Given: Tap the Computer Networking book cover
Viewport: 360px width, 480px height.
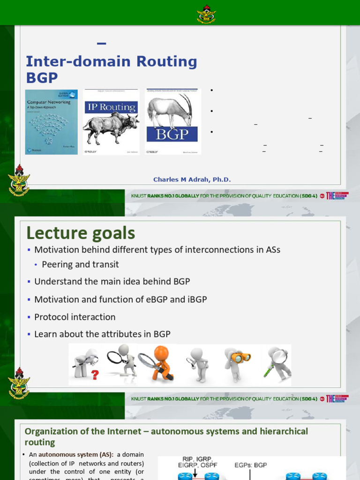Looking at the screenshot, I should click(51, 121).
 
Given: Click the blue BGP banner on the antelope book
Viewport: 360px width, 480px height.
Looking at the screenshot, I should click(172, 134).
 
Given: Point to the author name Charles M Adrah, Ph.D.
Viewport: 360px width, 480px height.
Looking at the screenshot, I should click(192, 180).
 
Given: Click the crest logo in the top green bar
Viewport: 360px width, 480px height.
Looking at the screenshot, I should click(206, 14).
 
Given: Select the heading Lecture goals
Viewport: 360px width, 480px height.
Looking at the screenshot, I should click(81, 233).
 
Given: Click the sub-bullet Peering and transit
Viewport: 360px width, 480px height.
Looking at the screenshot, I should click(80, 264).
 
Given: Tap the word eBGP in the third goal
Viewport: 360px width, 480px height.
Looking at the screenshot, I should click(156, 300).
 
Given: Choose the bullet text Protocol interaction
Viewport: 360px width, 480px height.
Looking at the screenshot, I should click(75, 317).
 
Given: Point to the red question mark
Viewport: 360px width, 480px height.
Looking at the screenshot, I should click(95, 375).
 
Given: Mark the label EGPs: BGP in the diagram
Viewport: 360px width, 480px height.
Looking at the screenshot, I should click(251, 465).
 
